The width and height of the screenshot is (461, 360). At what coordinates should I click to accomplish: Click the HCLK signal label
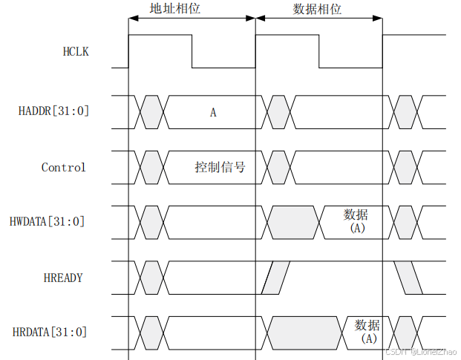point(76,52)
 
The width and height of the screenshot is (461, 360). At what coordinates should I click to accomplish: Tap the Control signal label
point(64,167)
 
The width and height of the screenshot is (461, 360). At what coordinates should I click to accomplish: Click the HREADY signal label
point(64,278)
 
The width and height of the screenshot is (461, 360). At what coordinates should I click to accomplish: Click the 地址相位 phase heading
point(174,10)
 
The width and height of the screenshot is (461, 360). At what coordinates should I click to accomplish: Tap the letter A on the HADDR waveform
point(213,113)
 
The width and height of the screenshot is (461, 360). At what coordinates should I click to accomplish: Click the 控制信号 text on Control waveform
point(220,168)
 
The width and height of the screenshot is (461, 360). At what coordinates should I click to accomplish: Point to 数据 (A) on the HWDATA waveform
point(356,221)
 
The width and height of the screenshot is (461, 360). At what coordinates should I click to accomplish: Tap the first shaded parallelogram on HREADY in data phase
point(278,277)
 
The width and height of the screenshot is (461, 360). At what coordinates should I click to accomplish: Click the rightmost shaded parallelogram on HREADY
point(408,277)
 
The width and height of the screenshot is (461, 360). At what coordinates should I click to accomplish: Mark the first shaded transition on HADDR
point(151,111)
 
